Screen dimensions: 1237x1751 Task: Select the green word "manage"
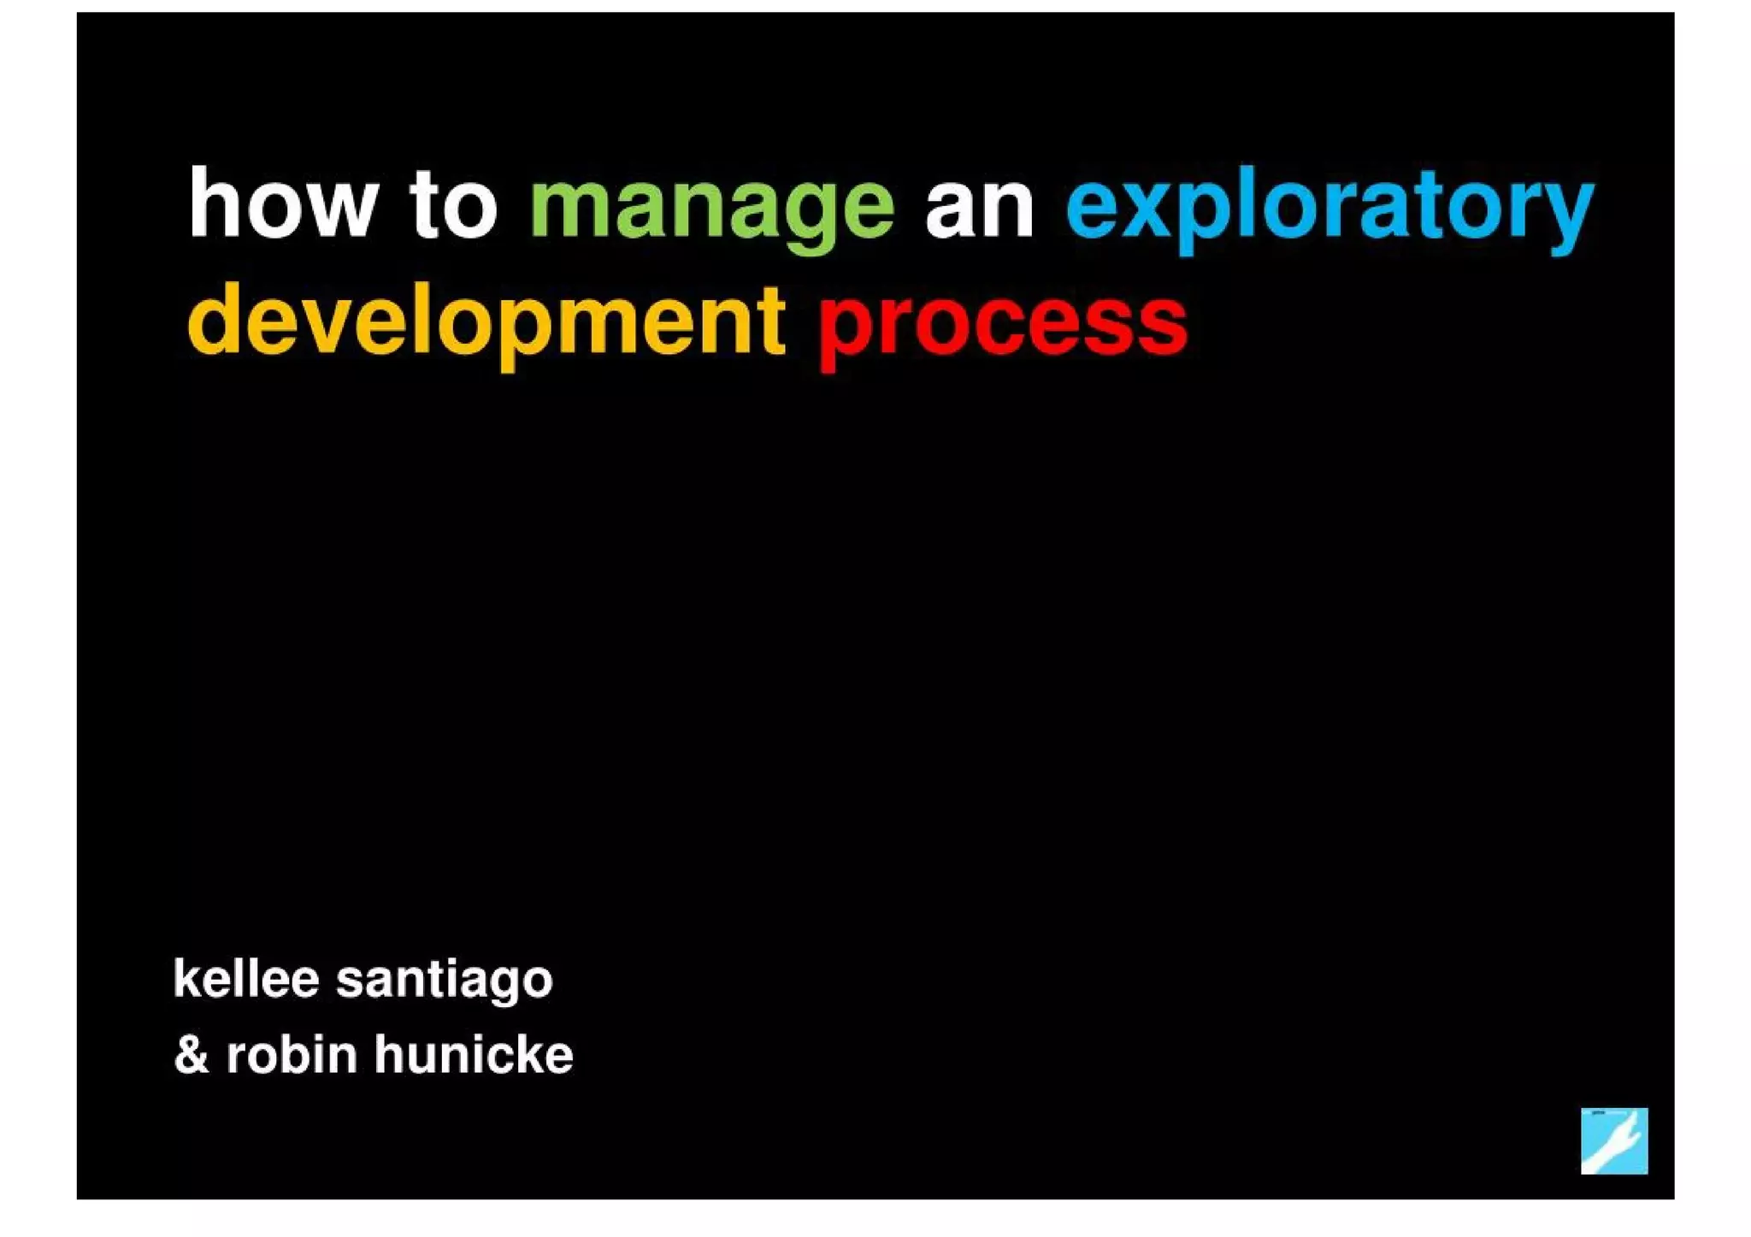click(711, 209)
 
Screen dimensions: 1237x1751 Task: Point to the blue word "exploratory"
click(1329, 209)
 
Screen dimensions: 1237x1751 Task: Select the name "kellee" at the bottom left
click(246, 978)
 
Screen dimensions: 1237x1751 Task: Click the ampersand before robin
click(192, 1055)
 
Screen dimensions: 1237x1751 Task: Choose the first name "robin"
click(292, 1054)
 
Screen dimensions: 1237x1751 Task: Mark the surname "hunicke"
click(474, 1054)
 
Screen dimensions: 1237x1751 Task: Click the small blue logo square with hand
click(1613, 1140)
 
